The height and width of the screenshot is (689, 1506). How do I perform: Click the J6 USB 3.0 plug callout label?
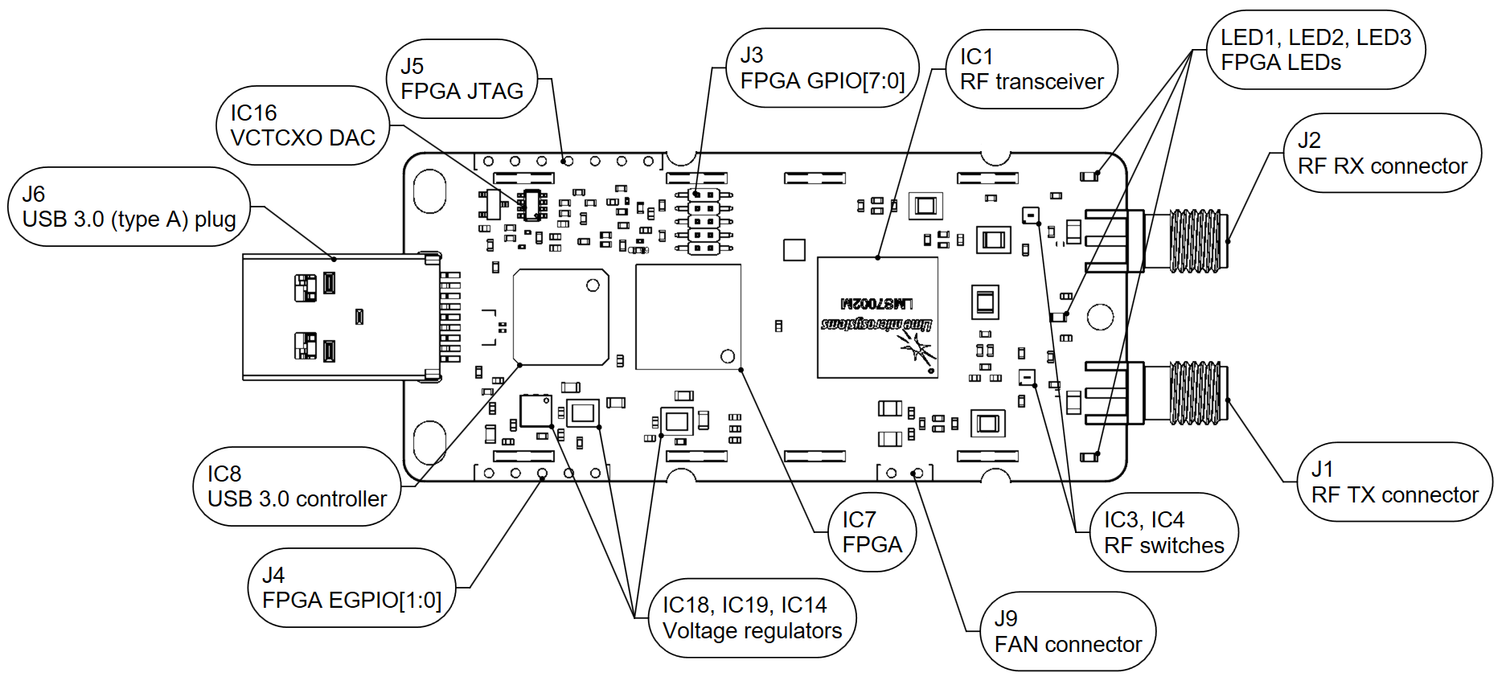(x=129, y=207)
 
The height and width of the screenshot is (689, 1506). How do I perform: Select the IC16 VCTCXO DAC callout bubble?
(x=302, y=125)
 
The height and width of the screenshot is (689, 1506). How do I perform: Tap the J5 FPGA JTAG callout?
(x=462, y=79)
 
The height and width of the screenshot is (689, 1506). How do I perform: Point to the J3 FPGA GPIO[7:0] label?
(x=823, y=68)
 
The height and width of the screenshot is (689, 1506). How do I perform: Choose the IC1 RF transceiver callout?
(x=1032, y=69)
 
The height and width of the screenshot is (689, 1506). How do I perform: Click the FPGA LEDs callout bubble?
(x=1315, y=50)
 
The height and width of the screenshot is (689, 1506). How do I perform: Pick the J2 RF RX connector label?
(x=1382, y=153)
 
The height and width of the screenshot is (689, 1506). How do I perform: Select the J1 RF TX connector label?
(x=1394, y=482)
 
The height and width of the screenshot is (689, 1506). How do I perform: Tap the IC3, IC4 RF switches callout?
(x=1163, y=532)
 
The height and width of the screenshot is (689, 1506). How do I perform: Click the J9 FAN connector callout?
(x=1068, y=631)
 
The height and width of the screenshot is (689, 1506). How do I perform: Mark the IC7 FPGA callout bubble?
(x=872, y=532)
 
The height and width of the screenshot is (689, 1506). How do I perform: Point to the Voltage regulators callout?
(x=752, y=617)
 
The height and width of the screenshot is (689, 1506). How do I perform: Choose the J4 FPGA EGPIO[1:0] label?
(x=351, y=588)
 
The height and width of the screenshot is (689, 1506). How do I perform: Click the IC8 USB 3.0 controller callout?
(x=297, y=486)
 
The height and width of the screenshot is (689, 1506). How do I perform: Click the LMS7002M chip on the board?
(x=877, y=317)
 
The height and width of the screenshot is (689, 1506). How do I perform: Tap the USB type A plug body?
(x=338, y=317)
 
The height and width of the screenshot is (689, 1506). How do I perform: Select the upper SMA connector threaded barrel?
(x=1194, y=240)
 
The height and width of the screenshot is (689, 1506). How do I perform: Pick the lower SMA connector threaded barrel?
(x=1194, y=393)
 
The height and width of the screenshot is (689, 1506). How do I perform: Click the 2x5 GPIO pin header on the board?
(x=704, y=221)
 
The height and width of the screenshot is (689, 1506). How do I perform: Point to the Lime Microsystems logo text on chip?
(x=876, y=324)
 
